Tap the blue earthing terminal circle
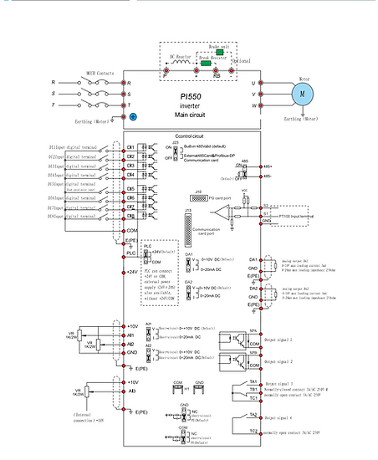132,120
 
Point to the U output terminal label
253,84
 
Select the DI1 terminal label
131,146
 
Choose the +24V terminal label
130,272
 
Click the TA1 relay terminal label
253,381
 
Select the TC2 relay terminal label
253,431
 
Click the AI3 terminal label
131,391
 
